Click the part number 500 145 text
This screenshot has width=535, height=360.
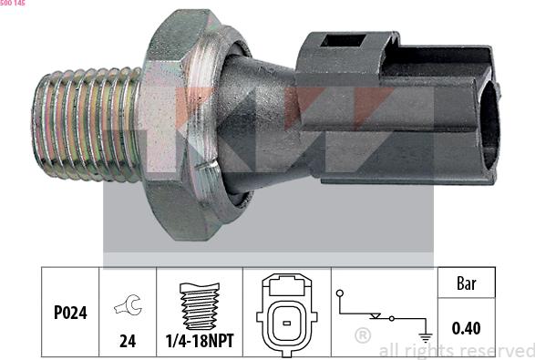pos(13,5)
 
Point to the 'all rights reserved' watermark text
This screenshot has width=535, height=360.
pos(456,350)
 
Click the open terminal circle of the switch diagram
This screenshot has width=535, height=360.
pos(338,293)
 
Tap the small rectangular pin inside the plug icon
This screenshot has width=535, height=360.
pos(286,322)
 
